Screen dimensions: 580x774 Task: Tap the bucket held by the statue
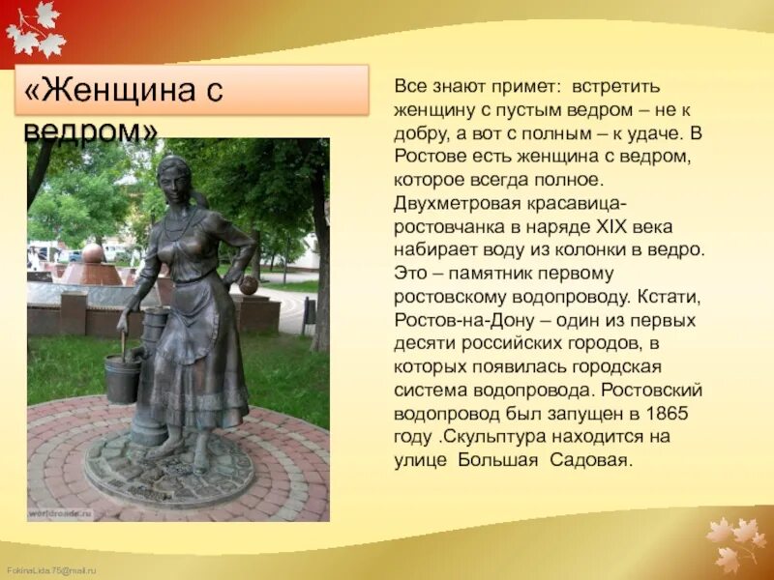(123, 377)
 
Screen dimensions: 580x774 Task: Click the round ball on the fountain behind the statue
(92, 254)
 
